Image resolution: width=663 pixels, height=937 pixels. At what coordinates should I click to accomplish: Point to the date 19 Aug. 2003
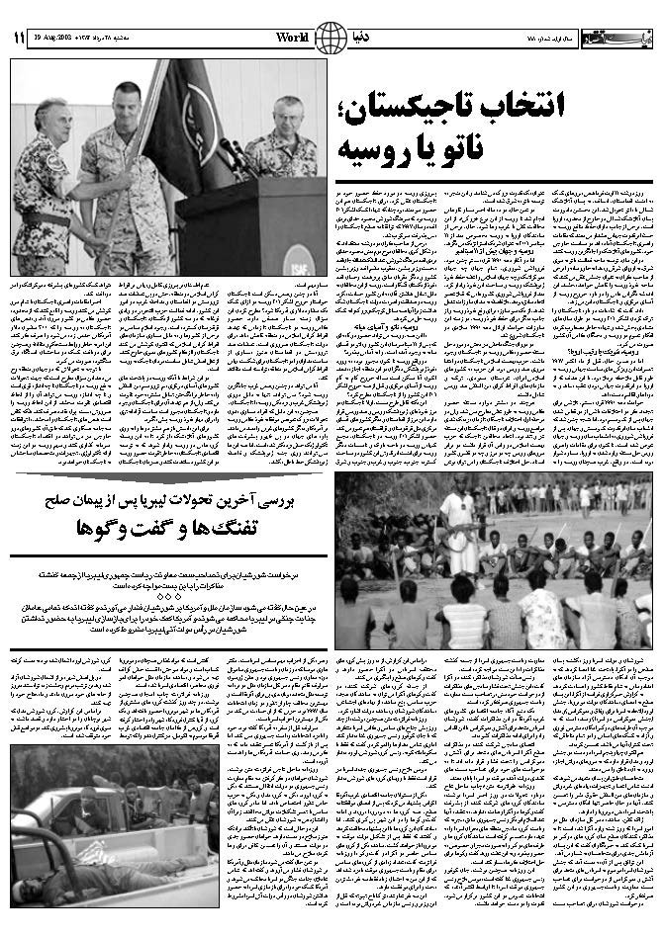click(x=59, y=38)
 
